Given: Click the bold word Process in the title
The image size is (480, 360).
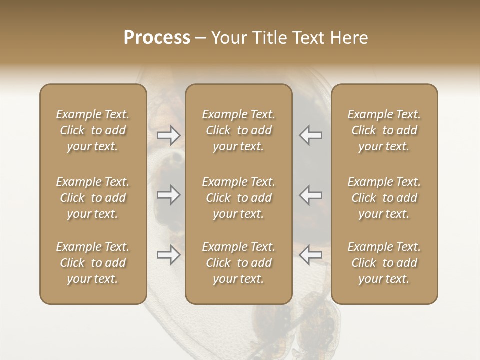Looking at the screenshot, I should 157,38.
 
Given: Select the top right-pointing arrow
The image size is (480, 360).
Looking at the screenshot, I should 168,135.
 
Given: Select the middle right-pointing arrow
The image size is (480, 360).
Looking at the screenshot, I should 168,195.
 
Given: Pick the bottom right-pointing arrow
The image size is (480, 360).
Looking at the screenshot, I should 168,255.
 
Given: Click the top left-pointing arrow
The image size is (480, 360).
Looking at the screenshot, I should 310,135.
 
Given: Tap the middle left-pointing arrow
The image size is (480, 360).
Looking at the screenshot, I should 310,195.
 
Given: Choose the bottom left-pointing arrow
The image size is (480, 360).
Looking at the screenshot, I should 310,255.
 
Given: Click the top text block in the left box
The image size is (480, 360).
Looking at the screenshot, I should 93,130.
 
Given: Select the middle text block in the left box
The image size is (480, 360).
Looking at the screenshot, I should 93,198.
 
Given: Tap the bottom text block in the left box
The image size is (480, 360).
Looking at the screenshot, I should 93,263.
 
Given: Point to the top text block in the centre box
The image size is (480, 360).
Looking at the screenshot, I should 239,130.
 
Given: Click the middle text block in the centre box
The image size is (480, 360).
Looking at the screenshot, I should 239,198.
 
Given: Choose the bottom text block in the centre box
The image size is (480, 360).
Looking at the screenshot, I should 239,263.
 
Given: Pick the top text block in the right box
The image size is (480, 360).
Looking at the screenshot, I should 384,130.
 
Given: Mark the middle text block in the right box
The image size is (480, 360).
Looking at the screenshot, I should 384,198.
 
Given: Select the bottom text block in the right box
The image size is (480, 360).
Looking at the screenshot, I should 384,263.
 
